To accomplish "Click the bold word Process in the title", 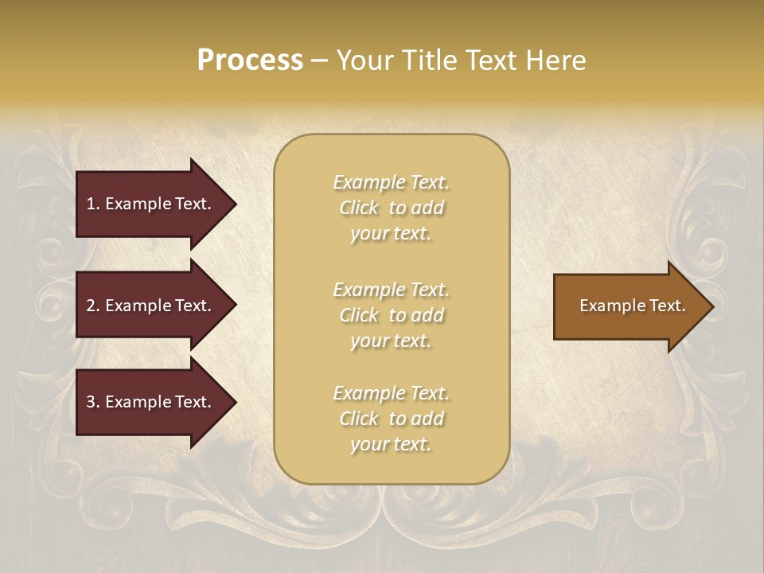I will point(250,60).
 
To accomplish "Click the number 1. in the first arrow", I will point(93,204).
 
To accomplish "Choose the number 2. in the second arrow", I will point(93,306).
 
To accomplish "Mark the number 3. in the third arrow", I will point(93,402).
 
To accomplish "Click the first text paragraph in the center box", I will point(391,208).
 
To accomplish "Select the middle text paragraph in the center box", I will point(391,315).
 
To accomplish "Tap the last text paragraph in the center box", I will point(391,419).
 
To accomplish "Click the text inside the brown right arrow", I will point(632,306).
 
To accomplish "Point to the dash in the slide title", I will point(319,61).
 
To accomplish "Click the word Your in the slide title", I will point(365,60).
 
